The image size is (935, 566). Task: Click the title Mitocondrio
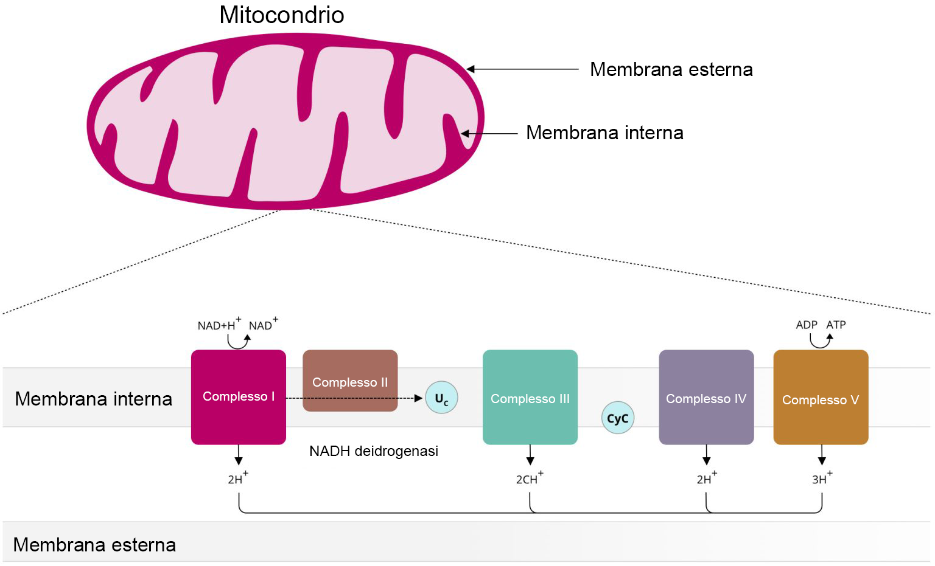[x=281, y=15]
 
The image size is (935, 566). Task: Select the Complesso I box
[x=239, y=397]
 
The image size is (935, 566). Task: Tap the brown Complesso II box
[x=350, y=381]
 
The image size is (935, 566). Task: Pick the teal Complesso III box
[x=530, y=398]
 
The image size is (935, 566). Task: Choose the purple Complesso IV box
[x=706, y=398]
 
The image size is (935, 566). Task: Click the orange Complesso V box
[x=821, y=398]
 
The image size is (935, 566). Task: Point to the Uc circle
[x=441, y=398]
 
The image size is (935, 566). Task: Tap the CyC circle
[x=617, y=418]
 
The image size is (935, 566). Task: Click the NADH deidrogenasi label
[x=374, y=451]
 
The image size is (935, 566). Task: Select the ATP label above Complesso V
[x=836, y=325]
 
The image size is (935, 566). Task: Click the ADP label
[x=807, y=325]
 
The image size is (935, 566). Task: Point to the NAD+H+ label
[x=219, y=325]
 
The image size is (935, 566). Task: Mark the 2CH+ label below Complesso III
[x=529, y=478]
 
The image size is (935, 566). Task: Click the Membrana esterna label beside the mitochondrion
[x=671, y=69]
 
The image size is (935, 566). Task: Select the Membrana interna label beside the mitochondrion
[x=604, y=133]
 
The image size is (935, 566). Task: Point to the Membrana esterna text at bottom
[x=94, y=545]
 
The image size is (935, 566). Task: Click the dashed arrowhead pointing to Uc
[x=418, y=398]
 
